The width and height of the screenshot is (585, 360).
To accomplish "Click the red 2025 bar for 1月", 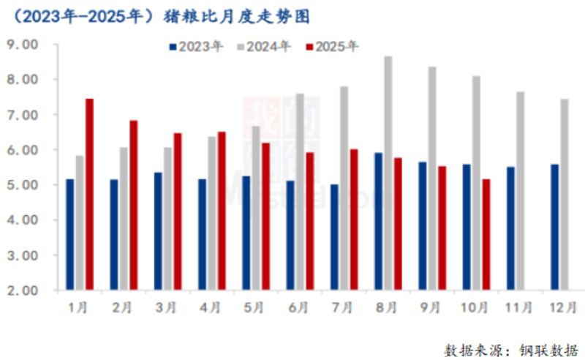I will (89, 194).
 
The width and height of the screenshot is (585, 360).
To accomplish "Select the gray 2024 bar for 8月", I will (388, 173).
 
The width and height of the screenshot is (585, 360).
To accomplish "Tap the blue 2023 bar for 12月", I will (555, 227).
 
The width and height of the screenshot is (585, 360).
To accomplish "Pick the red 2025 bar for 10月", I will (486, 234).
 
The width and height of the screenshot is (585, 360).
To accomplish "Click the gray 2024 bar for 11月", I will (520, 191).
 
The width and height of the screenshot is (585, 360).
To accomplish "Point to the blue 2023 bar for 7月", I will (334, 237).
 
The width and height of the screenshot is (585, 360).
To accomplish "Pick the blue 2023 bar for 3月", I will (158, 231).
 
